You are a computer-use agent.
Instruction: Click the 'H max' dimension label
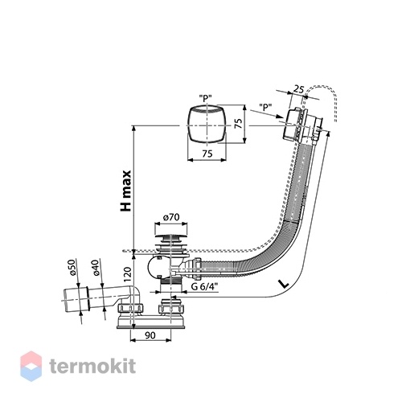click(x=126, y=191)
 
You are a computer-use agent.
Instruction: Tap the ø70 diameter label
click(x=171, y=217)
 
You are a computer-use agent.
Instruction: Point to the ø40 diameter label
click(x=96, y=268)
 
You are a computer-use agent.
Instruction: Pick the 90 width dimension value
click(x=150, y=335)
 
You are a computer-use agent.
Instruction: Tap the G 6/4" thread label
click(x=204, y=287)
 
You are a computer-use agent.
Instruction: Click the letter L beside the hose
click(x=284, y=284)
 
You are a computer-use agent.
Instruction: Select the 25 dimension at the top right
click(x=299, y=88)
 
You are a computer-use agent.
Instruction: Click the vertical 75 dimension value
click(x=238, y=123)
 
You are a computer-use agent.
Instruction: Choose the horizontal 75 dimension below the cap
click(x=207, y=154)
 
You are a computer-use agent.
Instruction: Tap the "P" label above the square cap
click(x=205, y=99)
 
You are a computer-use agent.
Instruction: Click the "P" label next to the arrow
click(x=265, y=107)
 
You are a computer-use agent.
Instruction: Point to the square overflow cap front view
click(x=207, y=125)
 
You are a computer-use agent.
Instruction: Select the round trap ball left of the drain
click(x=156, y=269)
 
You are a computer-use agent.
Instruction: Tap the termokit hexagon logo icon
click(x=31, y=366)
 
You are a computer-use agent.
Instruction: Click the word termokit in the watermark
click(x=92, y=366)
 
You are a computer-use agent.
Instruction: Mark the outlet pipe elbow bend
click(x=134, y=293)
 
